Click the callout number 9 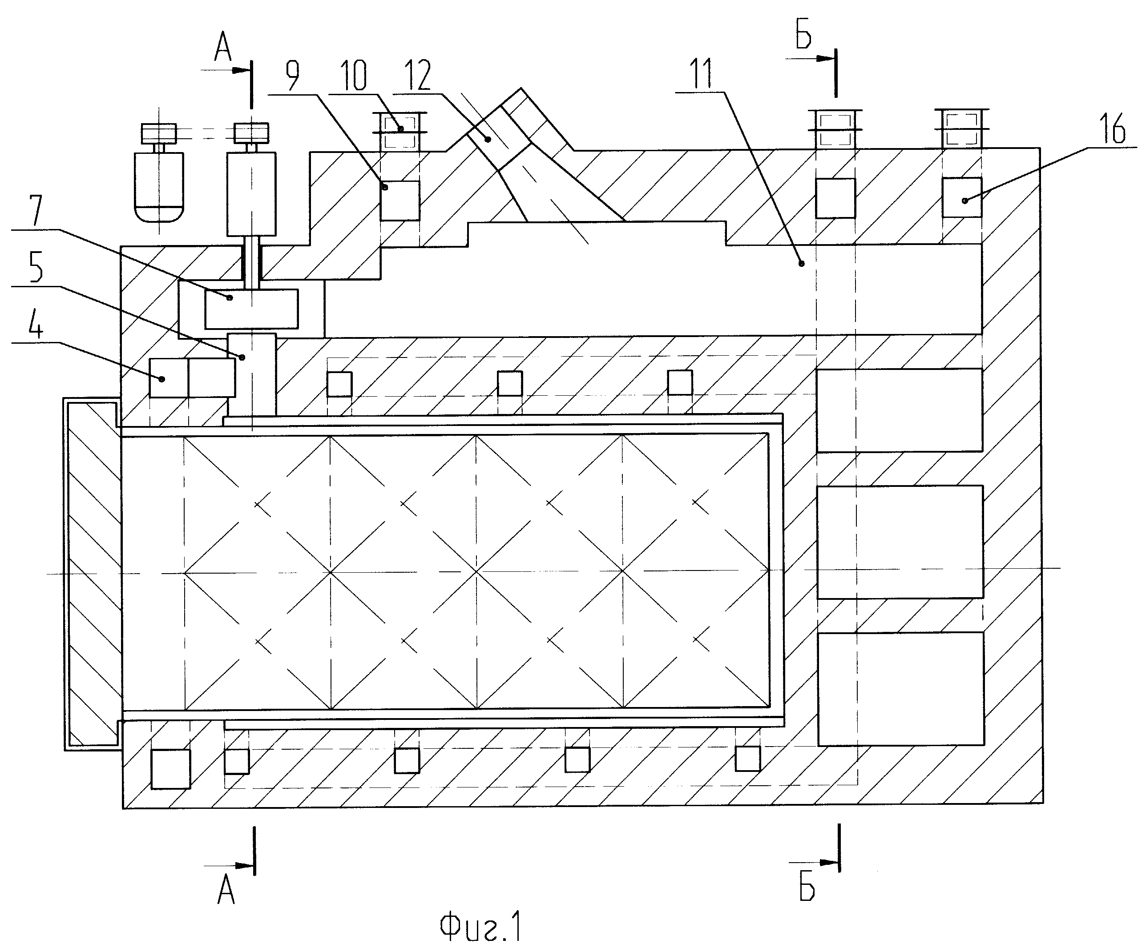point(293,76)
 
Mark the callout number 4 point(36,324)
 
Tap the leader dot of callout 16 point(965,201)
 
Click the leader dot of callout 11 point(801,264)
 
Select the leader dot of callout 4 point(161,379)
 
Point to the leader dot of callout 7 point(230,297)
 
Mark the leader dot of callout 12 point(488,140)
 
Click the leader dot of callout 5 point(242,357)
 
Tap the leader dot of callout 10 point(401,129)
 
